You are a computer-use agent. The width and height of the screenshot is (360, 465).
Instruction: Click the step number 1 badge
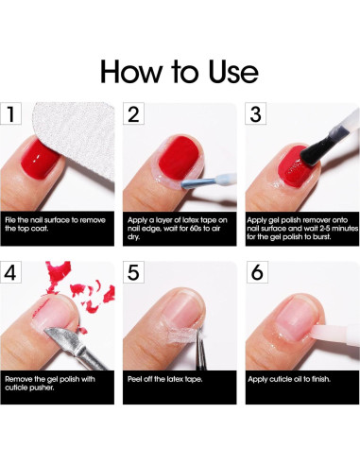click(11, 115)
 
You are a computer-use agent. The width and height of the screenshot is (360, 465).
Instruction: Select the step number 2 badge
click(133, 115)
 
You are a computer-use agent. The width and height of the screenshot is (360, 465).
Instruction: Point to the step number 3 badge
click(254, 115)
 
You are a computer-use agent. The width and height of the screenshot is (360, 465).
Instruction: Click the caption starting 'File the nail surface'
click(57, 224)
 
